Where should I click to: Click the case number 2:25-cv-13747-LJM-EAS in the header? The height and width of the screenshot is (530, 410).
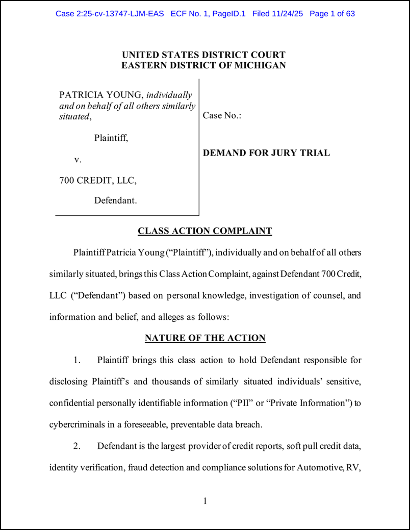(x=110, y=14)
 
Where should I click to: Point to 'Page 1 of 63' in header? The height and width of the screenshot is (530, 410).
(x=332, y=14)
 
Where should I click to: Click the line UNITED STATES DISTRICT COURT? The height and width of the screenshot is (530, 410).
(x=203, y=55)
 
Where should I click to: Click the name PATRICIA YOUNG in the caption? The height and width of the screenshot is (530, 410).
(x=101, y=95)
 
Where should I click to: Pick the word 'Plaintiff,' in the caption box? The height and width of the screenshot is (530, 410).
(x=111, y=138)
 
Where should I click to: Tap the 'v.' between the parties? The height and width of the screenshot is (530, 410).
(x=78, y=160)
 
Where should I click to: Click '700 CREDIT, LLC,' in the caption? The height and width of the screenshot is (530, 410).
(x=98, y=180)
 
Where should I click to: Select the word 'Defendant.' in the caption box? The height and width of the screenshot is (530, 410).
(x=115, y=200)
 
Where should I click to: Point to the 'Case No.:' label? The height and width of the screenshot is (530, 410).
(x=222, y=115)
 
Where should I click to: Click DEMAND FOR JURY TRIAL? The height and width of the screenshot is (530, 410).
(x=266, y=153)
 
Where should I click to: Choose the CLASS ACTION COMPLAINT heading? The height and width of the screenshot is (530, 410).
(x=205, y=231)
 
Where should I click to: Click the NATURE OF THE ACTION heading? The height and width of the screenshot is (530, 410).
(x=205, y=338)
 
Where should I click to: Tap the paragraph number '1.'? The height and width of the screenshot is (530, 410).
(x=77, y=360)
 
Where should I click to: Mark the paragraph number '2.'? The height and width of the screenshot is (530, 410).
(x=77, y=446)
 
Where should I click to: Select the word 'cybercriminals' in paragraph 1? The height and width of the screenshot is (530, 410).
(x=75, y=424)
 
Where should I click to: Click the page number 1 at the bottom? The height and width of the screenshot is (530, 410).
(x=205, y=501)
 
